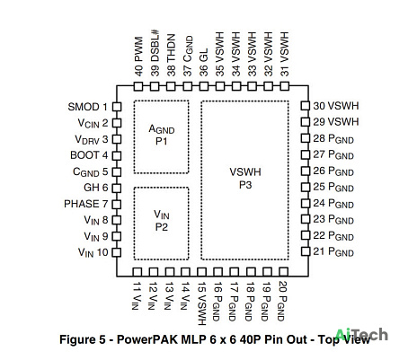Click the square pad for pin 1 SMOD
(117, 107)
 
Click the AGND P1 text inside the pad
(162, 135)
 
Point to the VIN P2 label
(162, 221)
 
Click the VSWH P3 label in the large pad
(245, 179)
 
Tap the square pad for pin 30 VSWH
(305, 106)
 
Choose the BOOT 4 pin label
(89, 155)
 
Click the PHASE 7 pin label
(85, 204)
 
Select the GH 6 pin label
(96, 188)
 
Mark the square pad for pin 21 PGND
(306, 251)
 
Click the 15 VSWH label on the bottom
(202, 303)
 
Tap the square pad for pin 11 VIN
(138, 272)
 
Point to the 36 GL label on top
(204, 62)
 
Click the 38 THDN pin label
(171, 55)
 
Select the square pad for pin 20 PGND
(283, 272)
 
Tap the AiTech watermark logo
(361, 335)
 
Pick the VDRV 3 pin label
(91, 139)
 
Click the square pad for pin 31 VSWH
(285, 86)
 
